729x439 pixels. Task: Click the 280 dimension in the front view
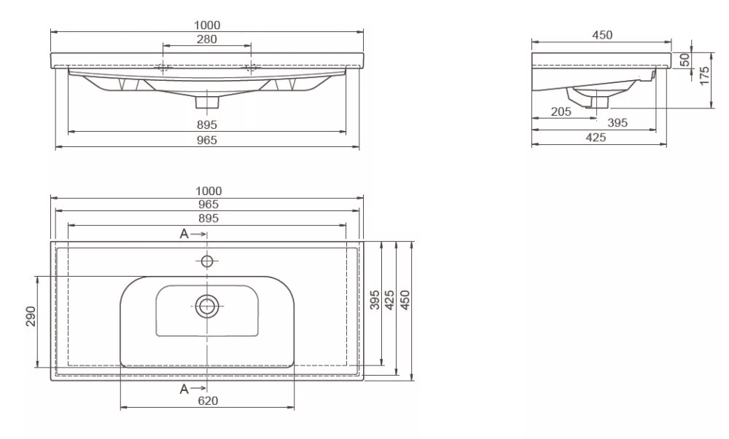(x=207, y=39)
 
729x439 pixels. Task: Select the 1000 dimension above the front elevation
(x=207, y=25)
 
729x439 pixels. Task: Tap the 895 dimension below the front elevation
(x=207, y=125)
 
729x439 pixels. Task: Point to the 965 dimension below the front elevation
(x=207, y=141)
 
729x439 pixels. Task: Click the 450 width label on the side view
(x=602, y=35)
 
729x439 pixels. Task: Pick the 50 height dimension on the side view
(x=685, y=60)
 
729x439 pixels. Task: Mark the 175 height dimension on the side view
(x=704, y=75)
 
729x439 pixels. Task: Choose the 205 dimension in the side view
(x=561, y=111)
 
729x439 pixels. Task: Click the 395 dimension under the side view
(x=617, y=123)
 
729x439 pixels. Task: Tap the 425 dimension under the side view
(x=596, y=138)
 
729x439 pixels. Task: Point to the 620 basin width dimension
(x=207, y=400)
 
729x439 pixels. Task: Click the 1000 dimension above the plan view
(x=207, y=191)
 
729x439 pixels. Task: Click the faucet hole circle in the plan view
(x=207, y=261)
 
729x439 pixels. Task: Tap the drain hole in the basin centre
(x=207, y=306)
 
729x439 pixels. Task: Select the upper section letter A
(x=184, y=234)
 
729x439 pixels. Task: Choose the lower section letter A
(x=184, y=389)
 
